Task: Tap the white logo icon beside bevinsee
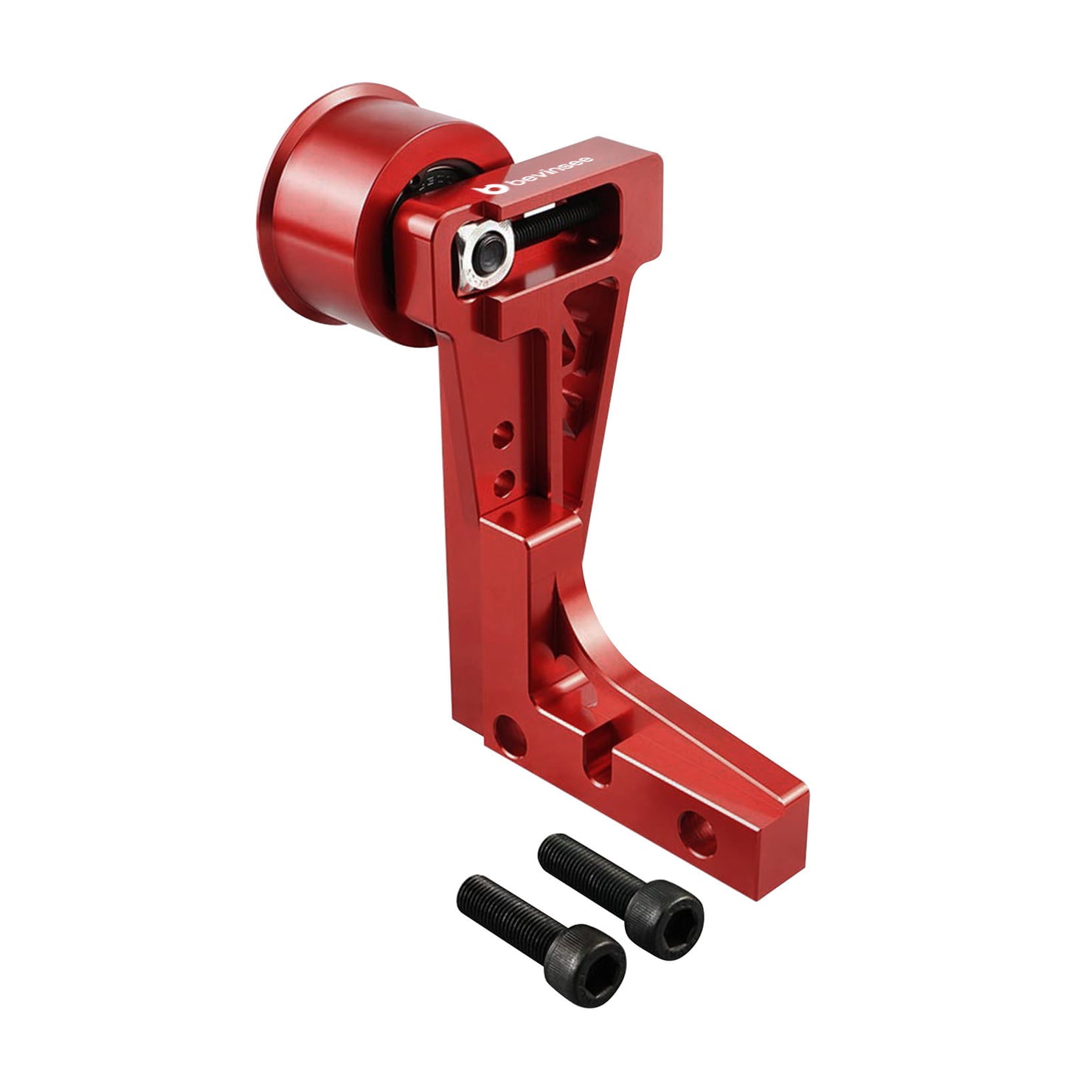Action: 491,189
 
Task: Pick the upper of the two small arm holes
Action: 502,435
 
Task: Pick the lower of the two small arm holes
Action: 503,483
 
